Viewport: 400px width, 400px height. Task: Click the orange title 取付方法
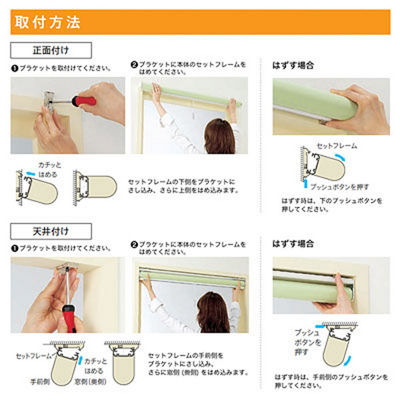[48, 22]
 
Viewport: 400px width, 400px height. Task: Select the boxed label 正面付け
[51, 50]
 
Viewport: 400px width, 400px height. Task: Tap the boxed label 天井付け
[51, 231]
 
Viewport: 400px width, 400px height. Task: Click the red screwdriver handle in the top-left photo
[84, 101]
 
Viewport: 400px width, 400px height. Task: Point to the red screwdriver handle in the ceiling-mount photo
[69, 319]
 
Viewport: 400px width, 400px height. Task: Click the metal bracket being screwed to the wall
[49, 101]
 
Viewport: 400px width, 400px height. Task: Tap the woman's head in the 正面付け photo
[220, 135]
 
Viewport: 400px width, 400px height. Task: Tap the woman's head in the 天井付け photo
[213, 313]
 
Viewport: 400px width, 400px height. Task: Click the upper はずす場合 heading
[293, 65]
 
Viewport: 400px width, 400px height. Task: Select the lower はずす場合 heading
[293, 243]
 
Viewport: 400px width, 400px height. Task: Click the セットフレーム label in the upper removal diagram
[337, 145]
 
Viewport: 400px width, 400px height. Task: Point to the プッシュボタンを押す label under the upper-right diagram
[339, 187]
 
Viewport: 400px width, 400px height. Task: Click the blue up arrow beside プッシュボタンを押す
[305, 183]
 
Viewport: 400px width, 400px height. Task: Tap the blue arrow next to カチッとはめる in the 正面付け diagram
[31, 174]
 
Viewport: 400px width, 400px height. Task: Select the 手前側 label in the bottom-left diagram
[40, 381]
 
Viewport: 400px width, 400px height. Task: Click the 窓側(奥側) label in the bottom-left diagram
[90, 381]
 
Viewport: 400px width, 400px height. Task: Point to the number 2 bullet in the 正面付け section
[134, 65]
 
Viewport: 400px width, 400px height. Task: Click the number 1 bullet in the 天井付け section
[15, 248]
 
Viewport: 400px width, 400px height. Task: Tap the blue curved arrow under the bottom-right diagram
[348, 361]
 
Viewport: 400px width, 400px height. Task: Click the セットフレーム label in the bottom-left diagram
[34, 356]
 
